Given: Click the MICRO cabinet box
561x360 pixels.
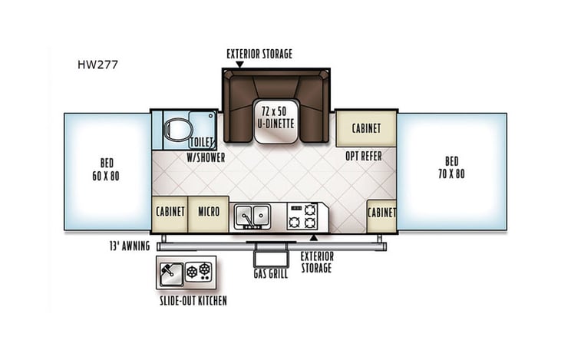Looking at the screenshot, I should pyautogui.click(x=209, y=212).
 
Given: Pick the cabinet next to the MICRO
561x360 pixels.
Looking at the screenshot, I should pyautogui.click(x=170, y=212).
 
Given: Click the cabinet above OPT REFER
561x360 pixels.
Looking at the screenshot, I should pyautogui.click(x=366, y=129).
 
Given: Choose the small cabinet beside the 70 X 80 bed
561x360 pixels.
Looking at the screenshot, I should pyautogui.click(x=381, y=212).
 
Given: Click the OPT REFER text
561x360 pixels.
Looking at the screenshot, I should pyautogui.click(x=362, y=156).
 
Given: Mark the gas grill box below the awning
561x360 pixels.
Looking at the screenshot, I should pyautogui.click(x=269, y=256).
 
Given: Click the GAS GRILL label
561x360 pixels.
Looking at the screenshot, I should pyautogui.click(x=270, y=274).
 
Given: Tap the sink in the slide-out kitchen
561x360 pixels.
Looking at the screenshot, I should pyautogui.click(x=171, y=270).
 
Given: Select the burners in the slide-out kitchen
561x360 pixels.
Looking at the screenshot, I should pyautogui.click(x=203, y=270).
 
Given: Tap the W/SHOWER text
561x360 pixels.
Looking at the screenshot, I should pyautogui.click(x=206, y=157).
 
